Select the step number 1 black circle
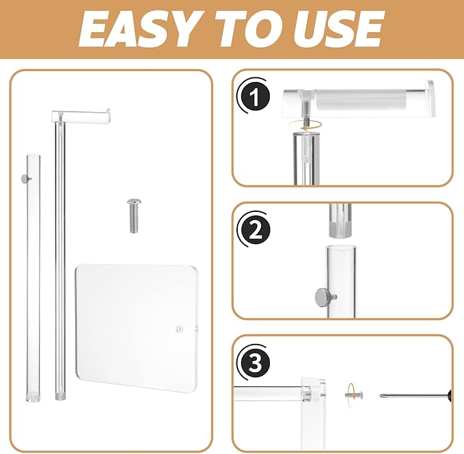(x=254, y=96)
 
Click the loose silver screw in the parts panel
(x=134, y=215)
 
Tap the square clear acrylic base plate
(x=137, y=328)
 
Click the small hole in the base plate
(x=179, y=329)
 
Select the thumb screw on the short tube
(x=26, y=178)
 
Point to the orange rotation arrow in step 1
(x=305, y=125)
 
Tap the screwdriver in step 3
(x=415, y=395)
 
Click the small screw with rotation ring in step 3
(x=353, y=395)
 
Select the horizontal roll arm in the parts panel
(x=81, y=116)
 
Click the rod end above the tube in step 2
(x=340, y=221)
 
